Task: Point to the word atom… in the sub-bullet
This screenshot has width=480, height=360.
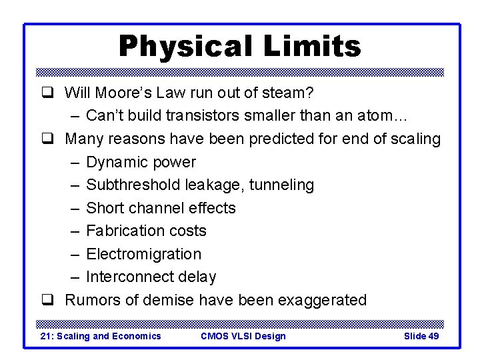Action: tap(382, 115)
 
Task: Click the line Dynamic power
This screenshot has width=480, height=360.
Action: tap(141, 162)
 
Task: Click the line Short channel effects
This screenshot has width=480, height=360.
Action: tap(161, 208)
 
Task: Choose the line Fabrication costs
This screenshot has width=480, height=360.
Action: tap(146, 231)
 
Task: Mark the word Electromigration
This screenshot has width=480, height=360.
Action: tap(143, 254)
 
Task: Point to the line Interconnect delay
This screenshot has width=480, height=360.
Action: tap(151, 277)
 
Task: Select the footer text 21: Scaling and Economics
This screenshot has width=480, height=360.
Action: tap(101, 336)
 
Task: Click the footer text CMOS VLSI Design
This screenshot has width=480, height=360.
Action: tap(243, 336)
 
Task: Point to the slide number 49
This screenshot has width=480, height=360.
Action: tap(433, 336)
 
